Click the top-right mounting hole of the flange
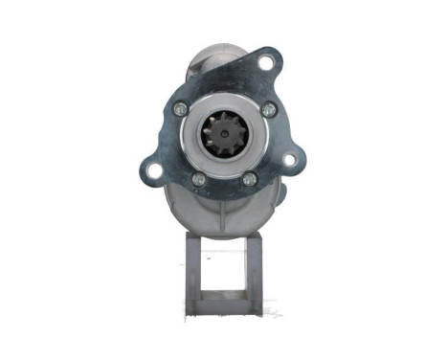(x=265, y=63)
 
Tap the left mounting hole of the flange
(x=154, y=170)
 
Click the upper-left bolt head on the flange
(x=181, y=109)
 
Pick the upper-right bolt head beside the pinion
(x=268, y=109)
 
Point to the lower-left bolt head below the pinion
(x=198, y=179)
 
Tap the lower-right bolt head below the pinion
(x=249, y=179)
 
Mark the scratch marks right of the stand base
(x=272, y=311)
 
